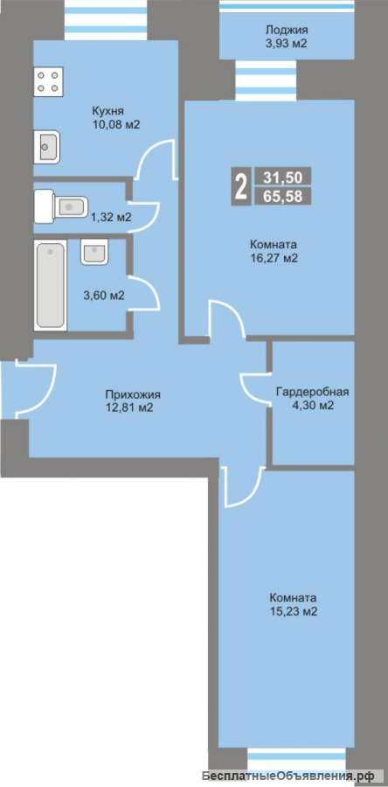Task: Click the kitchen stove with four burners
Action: click(49, 80)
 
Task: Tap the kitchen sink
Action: click(46, 147)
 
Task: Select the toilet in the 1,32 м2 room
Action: click(60, 205)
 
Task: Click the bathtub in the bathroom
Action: click(50, 284)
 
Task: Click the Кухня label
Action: click(107, 111)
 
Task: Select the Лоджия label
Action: click(287, 30)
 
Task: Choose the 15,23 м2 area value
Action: click(294, 612)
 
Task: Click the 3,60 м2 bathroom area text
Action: click(104, 296)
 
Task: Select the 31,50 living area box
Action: click(283, 177)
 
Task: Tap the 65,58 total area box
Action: click(283, 196)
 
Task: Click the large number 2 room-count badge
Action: click(240, 187)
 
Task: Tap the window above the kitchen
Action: click(106, 20)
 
